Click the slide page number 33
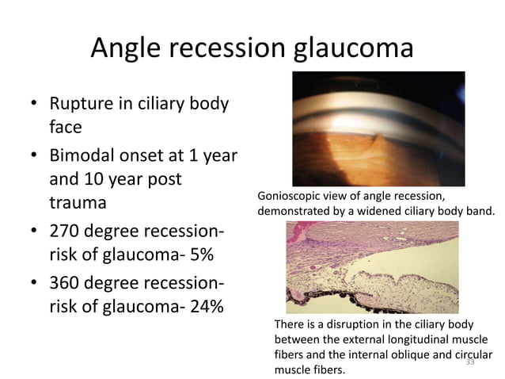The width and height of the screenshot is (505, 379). (469, 362)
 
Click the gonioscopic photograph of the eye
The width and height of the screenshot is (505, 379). (378, 128)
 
